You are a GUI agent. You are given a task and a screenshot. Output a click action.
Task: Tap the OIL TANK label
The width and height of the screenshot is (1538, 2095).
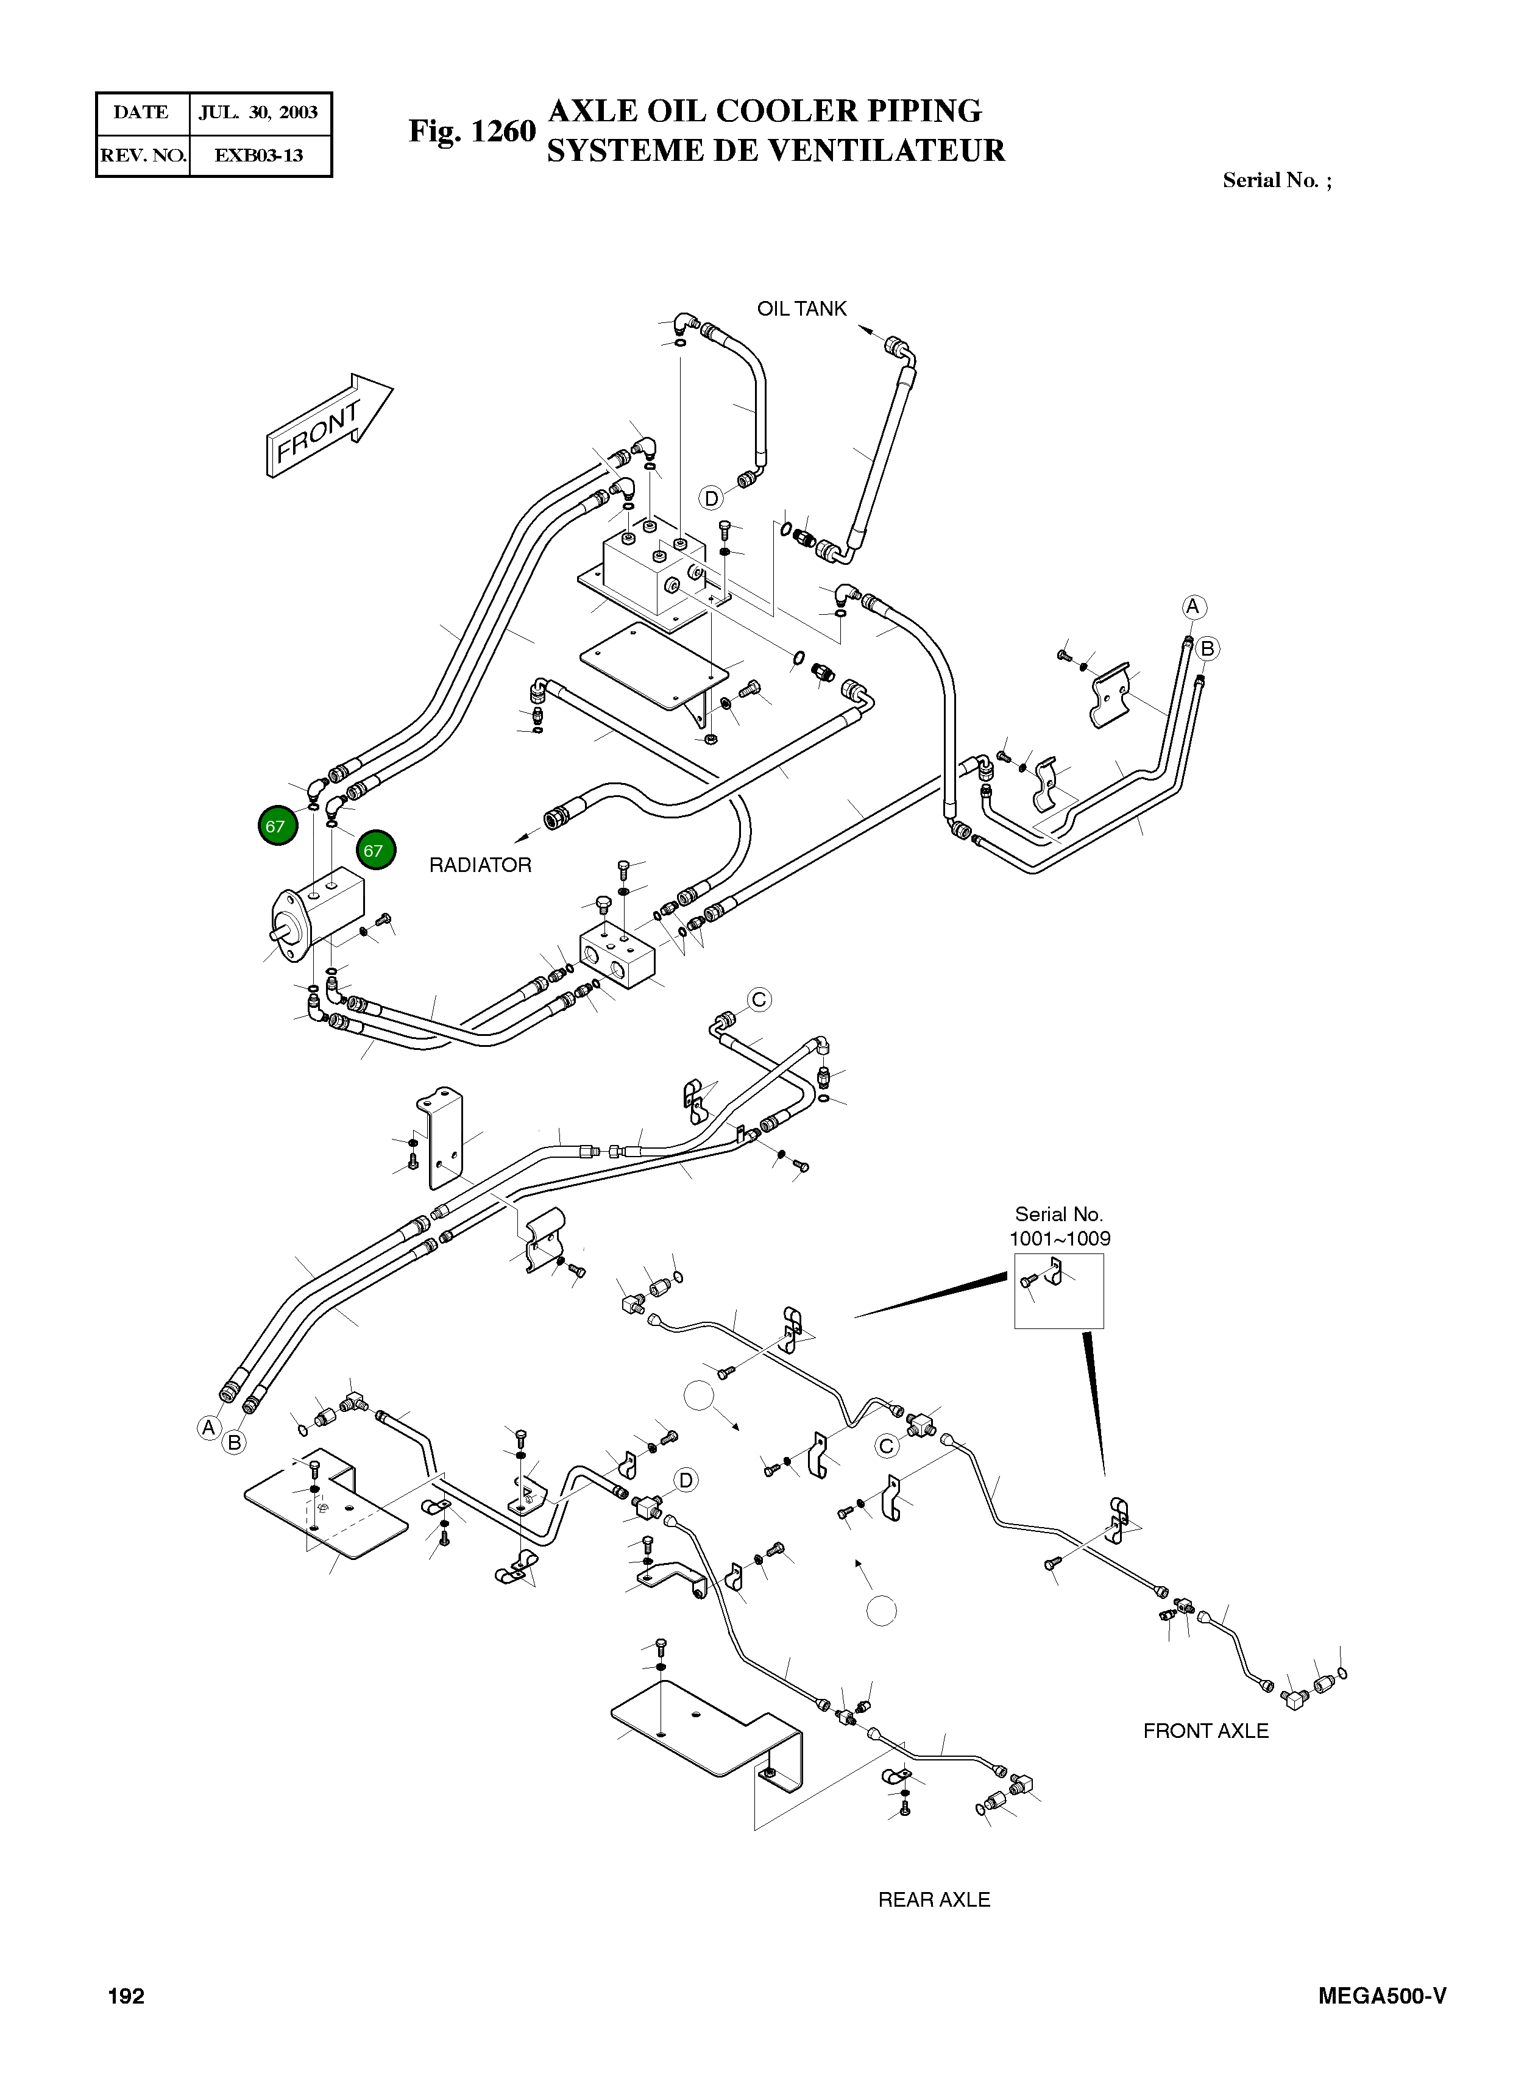pos(801,308)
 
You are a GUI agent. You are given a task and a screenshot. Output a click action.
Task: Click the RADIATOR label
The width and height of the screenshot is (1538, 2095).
pos(480,865)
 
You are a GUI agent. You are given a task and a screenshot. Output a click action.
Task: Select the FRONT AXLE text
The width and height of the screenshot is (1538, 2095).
pos(1206,1731)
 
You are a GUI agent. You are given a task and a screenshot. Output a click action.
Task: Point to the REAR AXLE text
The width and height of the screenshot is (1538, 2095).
pos(934,1899)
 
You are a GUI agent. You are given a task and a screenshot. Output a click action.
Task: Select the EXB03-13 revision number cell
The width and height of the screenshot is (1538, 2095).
pos(259,155)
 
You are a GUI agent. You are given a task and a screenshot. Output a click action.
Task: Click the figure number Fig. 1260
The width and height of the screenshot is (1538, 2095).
pos(472,131)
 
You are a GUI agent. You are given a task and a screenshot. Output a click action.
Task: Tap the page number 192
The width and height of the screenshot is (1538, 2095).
pos(127,1996)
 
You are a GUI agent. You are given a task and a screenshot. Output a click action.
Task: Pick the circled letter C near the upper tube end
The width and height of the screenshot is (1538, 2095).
pos(759,999)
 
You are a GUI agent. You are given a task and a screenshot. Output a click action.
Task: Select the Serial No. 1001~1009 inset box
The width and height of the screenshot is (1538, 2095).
pos(1058,1291)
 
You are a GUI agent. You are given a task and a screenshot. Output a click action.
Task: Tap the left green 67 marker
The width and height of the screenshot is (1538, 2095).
pos(275,826)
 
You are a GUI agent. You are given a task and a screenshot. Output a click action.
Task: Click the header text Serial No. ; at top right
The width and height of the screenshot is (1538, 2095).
pos(1277,180)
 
